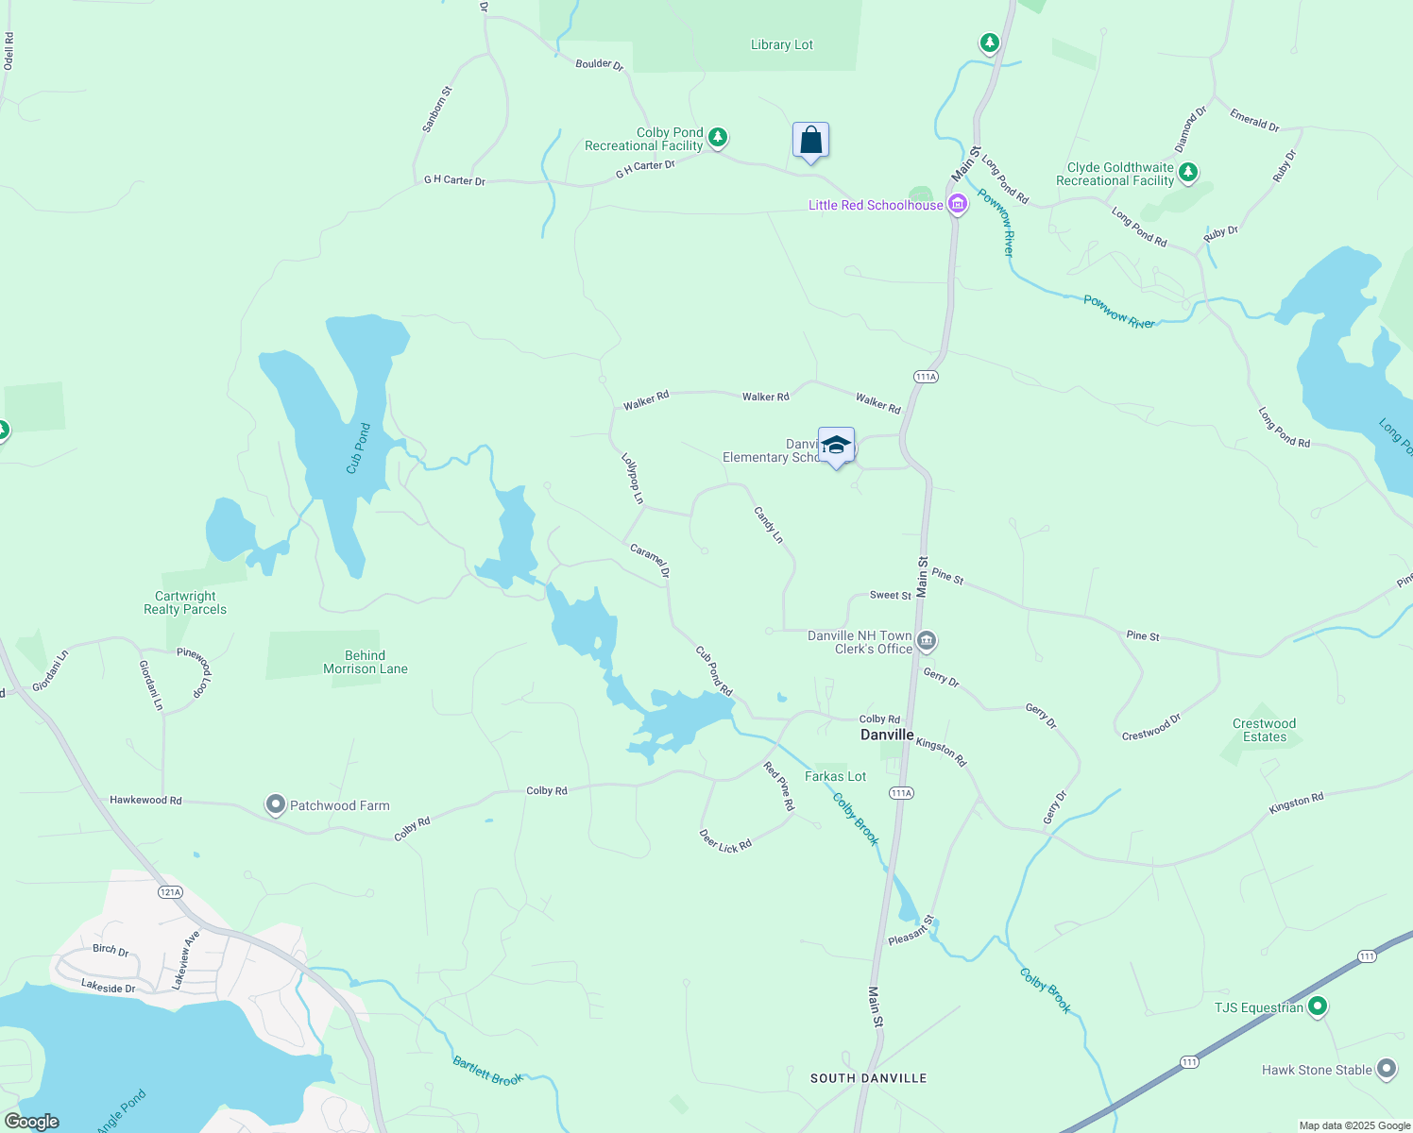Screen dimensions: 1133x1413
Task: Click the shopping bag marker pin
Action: point(810,141)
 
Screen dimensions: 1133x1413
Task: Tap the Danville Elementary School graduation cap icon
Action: point(836,446)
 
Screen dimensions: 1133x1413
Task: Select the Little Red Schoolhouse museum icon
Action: point(958,205)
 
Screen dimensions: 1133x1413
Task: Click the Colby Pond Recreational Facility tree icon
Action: point(718,139)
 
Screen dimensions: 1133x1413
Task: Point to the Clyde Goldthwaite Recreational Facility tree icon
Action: point(1188,173)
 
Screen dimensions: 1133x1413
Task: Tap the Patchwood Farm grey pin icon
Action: point(275,805)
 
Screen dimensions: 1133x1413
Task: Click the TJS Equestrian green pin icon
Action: point(1318,1007)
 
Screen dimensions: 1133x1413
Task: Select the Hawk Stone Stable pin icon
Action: point(1386,1070)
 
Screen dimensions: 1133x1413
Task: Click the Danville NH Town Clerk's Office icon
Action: point(927,642)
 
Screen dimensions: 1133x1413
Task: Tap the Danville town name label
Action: point(887,735)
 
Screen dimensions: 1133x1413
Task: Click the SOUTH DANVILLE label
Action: point(869,1078)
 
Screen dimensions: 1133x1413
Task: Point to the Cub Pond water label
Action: point(358,448)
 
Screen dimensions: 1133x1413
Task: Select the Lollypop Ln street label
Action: point(632,479)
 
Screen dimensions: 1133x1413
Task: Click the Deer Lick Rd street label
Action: point(725,840)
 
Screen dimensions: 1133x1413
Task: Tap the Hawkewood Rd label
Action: point(145,800)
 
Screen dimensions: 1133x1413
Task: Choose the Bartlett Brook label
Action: point(487,1072)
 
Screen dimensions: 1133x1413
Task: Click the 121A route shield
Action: point(170,892)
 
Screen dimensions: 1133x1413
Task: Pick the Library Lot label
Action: point(782,44)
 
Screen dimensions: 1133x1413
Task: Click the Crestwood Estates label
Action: point(1264,730)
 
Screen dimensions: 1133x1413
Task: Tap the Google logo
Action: point(32,1122)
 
